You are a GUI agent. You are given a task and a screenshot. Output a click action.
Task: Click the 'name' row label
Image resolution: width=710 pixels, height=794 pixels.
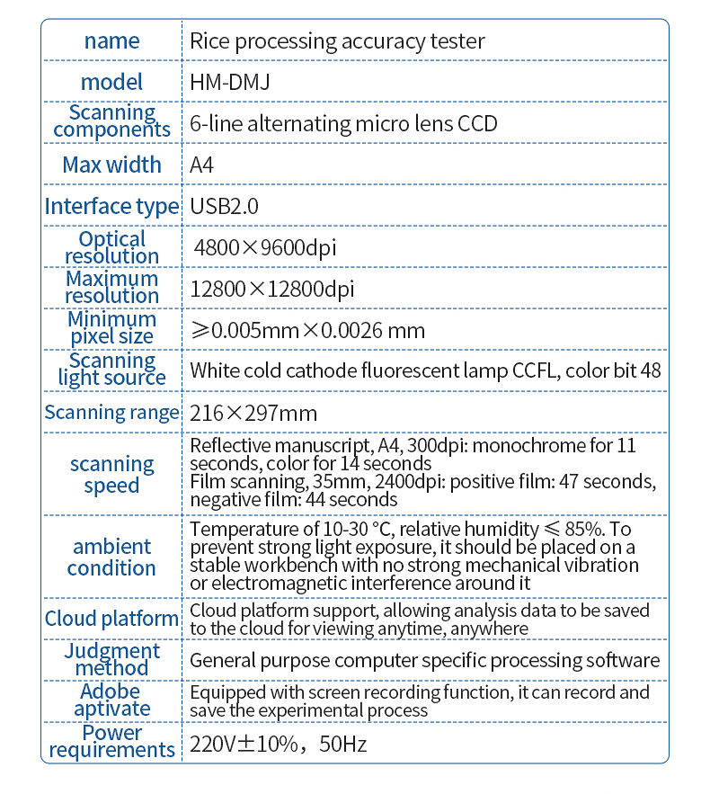(111, 40)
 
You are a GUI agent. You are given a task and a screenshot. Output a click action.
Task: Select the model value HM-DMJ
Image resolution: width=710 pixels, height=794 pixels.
(230, 82)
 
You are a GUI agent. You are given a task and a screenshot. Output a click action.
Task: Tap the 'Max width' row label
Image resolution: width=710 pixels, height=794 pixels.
(111, 165)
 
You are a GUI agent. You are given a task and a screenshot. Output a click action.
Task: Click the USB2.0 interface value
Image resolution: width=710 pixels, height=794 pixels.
(225, 206)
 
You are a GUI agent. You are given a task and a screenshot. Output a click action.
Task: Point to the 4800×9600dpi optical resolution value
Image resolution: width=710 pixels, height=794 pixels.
(265, 247)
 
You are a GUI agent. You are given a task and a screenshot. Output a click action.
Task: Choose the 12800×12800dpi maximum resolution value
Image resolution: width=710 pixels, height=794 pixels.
(272, 289)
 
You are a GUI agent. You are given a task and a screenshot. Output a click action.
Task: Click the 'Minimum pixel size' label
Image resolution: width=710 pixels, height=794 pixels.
(111, 328)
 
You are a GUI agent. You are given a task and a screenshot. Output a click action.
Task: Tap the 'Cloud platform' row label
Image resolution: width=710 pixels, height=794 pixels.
(111, 619)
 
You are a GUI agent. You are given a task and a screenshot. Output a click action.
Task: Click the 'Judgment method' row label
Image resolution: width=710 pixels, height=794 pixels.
(111, 659)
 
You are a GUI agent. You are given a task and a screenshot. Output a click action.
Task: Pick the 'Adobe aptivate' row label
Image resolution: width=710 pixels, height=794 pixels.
(111, 700)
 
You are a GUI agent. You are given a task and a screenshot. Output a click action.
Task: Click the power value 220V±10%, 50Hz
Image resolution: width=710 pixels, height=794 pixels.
(279, 744)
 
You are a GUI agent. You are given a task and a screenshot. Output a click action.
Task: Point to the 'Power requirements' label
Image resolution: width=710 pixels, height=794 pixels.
(111, 742)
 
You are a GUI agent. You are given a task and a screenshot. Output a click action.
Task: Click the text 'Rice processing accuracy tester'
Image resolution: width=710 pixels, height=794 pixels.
(337, 40)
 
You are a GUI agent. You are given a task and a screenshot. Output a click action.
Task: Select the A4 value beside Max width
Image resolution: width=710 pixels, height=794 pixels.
(202, 165)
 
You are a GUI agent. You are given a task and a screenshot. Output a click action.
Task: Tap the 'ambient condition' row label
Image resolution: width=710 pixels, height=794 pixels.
(111, 558)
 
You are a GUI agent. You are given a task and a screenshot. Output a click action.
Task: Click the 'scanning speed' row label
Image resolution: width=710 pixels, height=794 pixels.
(111, 475)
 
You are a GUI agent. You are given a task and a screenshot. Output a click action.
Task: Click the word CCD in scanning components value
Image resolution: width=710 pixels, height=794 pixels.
(477, 123)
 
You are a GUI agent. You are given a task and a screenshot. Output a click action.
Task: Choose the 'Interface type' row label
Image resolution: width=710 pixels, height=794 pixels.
(111, 206)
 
